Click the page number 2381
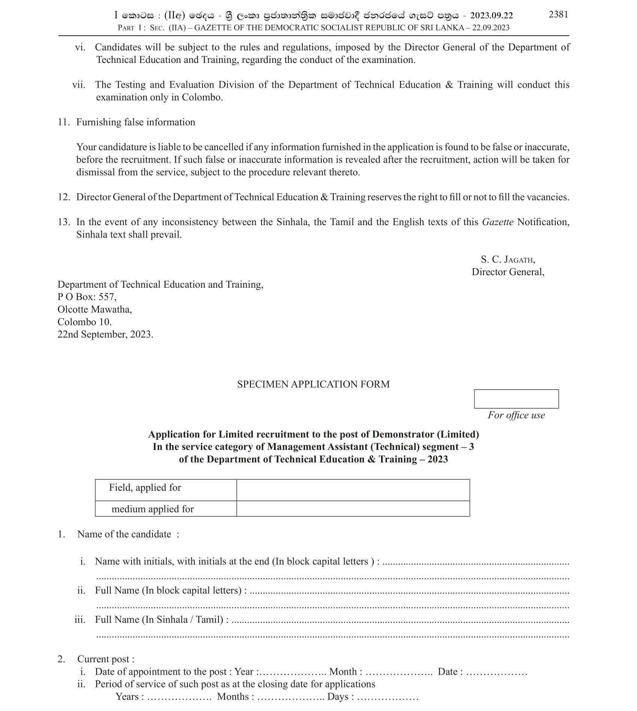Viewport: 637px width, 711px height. pos(558,14)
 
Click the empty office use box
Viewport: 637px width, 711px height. pos(516,399)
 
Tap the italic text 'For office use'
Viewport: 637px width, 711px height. pos(516,415)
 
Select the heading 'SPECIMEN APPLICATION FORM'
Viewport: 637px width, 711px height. pos(313,384)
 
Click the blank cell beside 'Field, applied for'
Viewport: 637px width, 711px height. pos(353,490)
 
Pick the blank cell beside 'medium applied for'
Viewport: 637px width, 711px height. pos(353,508)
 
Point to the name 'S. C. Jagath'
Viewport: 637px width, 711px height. pos(508,259)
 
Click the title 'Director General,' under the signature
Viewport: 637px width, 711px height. pos(508,272)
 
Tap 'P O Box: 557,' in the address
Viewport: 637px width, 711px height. pos(87,297)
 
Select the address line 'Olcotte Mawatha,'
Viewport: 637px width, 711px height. pos(94,309)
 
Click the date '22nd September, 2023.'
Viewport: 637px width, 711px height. pos(105,334)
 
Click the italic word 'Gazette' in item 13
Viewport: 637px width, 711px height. pos(498,222)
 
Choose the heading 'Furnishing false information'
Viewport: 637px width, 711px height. pos(136,122)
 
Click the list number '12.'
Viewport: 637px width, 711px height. pos(64,197)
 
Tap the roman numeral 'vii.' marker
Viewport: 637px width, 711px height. pos(79,85)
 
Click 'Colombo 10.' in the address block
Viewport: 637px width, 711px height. pos(84,322)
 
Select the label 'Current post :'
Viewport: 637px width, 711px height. pos(106,659)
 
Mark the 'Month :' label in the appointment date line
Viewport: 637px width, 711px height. pos(345,672)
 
